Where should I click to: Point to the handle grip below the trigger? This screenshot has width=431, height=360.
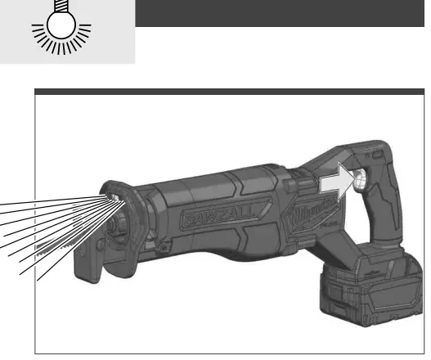pos(378,217)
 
